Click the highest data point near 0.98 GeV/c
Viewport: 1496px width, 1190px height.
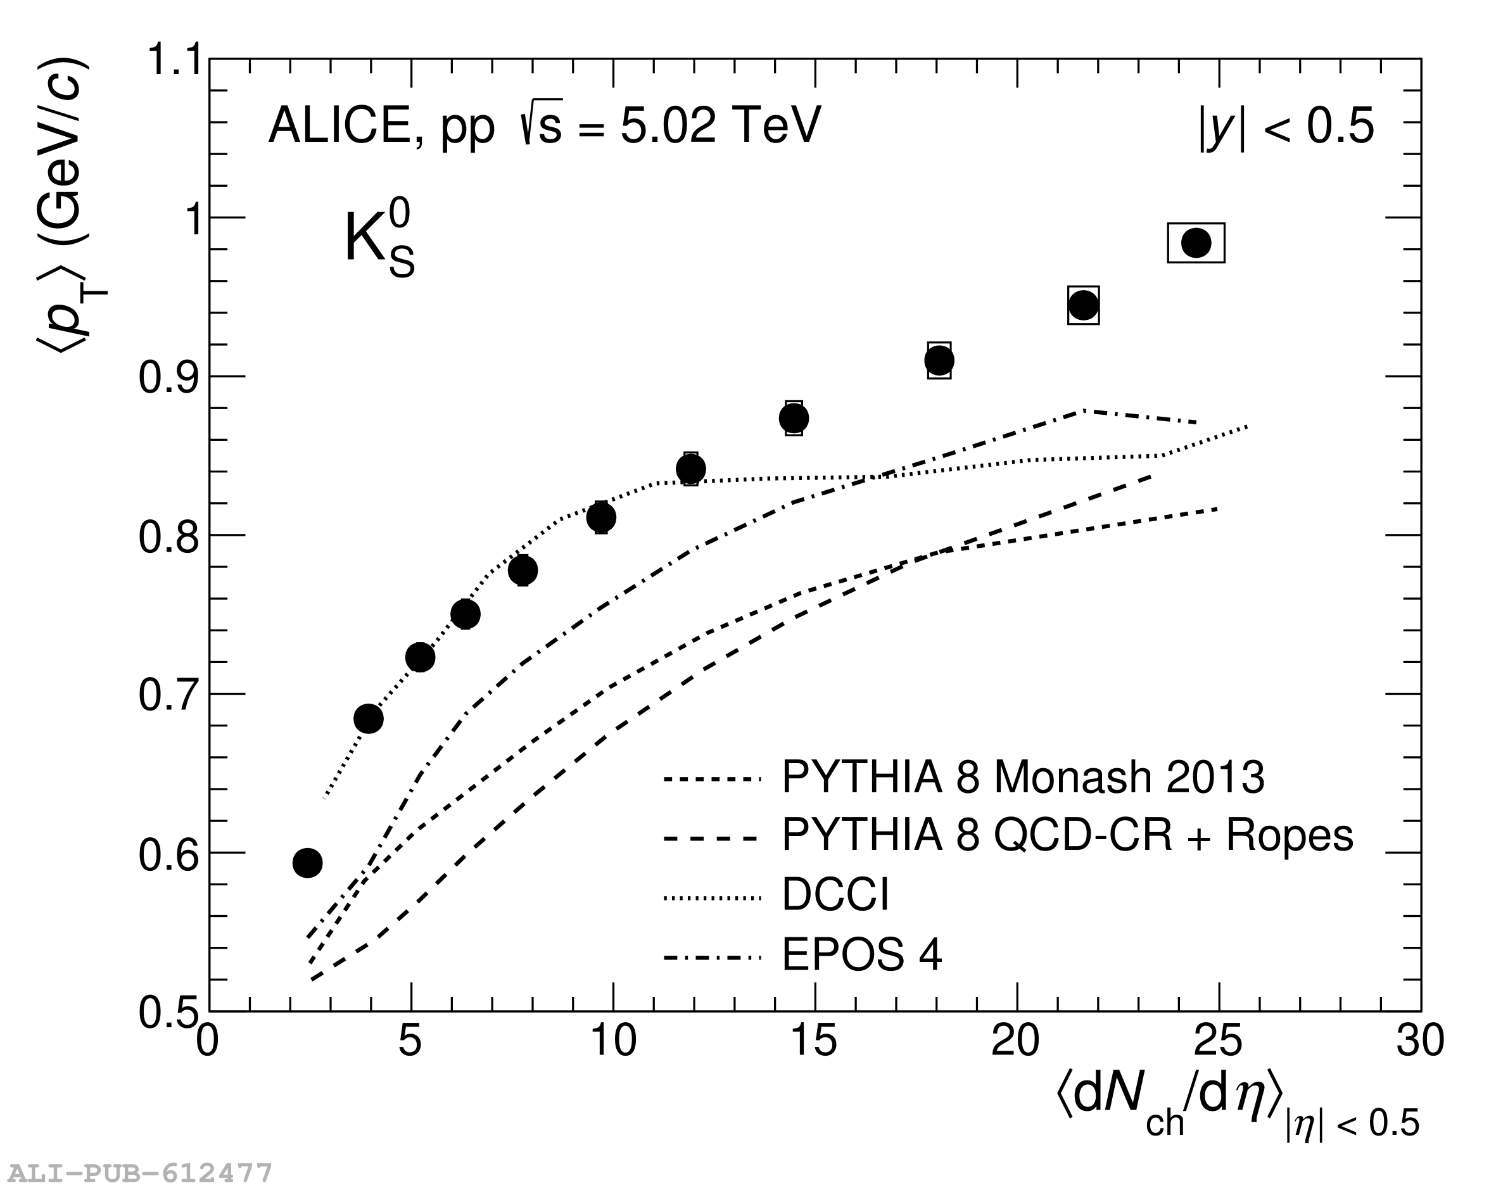tap(1196, 243)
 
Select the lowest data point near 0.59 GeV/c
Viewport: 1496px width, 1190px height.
tap(307, 863)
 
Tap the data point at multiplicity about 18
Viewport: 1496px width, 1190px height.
tap(939, 361)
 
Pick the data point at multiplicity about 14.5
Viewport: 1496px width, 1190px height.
tap(794, 419)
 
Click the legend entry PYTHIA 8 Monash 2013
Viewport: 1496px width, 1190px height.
tap(1023, 777)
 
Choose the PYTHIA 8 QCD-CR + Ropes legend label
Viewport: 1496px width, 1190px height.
tap(1067, 835)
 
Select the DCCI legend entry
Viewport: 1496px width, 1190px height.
tap(835, 894)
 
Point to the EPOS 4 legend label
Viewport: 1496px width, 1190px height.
tap(862, 955)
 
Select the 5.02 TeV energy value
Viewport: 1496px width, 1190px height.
tap(719, 126)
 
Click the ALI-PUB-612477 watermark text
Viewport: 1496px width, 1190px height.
tap(139, 1173)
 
